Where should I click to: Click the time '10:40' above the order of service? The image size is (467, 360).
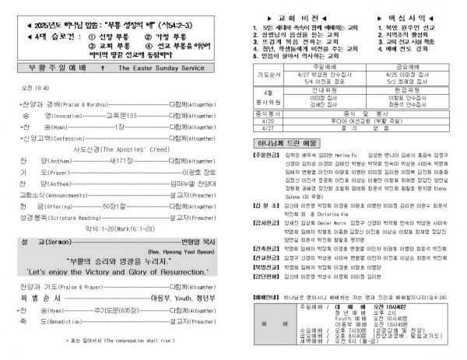(41, 88)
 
